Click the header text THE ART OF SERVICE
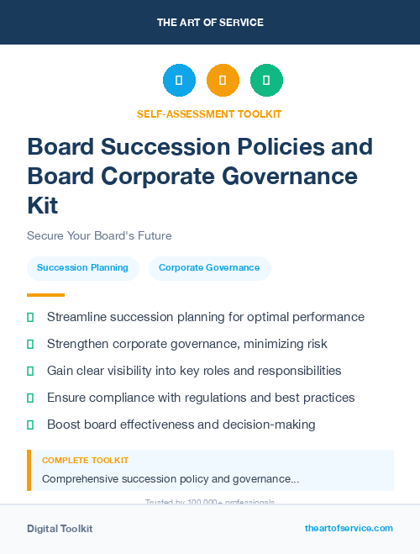210,23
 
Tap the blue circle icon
179,81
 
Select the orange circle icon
223,81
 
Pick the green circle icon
266,81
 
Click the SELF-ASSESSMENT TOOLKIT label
209,113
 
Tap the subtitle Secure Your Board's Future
99,235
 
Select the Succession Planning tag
82,267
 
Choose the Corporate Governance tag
209,267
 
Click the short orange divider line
45,294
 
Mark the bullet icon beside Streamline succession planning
30,318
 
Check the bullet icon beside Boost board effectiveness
30,425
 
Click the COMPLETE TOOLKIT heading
85,461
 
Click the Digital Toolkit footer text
60,529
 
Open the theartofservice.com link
349,528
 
